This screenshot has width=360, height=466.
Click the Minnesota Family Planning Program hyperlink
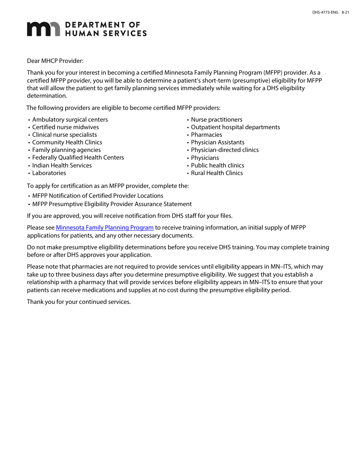105,228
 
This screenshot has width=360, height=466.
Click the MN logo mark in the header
43,29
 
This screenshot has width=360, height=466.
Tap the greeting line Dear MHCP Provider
55,61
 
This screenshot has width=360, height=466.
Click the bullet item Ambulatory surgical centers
70,120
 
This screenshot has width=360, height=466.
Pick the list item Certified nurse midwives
65,127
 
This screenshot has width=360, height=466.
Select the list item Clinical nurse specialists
64,135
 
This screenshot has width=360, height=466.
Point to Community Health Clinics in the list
67,142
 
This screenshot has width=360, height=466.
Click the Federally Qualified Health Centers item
78,158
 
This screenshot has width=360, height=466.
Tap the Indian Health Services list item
62,166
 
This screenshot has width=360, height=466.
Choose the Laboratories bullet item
49,173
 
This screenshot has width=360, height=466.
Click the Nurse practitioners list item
216,120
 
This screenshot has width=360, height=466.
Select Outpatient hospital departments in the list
235,127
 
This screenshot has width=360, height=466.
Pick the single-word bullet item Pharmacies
207,135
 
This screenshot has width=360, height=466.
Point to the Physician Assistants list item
218,142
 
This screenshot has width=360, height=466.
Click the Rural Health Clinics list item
217,173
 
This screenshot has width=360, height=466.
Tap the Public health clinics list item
218,166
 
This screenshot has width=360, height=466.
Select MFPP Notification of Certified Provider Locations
98,196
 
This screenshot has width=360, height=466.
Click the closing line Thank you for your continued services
79,302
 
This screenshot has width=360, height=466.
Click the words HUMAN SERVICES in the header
106,33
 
